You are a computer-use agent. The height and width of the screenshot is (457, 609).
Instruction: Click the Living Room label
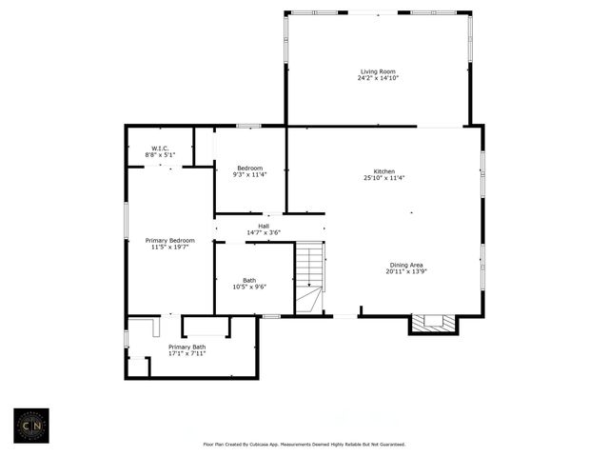(x=378, y=71)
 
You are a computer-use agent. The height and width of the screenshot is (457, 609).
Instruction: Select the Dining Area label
(x=407, y=265)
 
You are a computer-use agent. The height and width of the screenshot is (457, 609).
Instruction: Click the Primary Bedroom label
(x=169, y=240)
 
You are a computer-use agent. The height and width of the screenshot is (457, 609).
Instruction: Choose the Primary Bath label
(x=187, y=347)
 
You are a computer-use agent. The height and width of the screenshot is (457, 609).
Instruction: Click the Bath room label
(x=248, y=280)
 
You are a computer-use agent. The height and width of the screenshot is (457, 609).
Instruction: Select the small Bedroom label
(x=249, y=169)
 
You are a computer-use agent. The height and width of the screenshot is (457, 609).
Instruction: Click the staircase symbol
(x=308, y=277)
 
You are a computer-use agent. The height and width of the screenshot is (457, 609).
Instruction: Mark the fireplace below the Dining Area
(x=433, y=324)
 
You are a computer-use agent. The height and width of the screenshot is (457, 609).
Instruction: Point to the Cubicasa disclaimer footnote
(x=304, y=444)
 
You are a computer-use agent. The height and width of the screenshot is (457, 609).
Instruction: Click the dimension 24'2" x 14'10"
(x=378, y=78)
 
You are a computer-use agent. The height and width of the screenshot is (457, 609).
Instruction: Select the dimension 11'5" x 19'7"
(x=169, y=247)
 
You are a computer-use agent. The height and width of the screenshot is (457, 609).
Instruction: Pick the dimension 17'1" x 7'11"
(x=187, y=353)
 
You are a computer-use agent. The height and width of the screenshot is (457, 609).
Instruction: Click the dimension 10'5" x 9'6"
(x=248, y=287)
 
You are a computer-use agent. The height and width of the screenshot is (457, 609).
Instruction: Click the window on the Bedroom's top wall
(x=249, y=125)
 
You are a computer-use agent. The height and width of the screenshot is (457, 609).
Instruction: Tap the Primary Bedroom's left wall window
(x=126, y=215)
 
